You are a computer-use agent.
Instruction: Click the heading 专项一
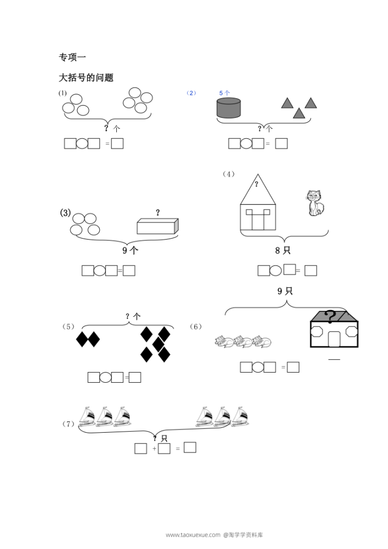[x=72, y=57]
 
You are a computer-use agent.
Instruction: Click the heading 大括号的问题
[x=86, y=77]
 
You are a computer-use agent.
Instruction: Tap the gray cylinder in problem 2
[x=228, y=108]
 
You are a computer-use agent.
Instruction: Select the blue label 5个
[x=225, y=93]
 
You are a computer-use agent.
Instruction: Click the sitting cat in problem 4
[x=315, y=203]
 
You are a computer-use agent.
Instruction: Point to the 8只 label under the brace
[x=282, y=250]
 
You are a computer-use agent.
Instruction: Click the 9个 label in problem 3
[x=130, y=250]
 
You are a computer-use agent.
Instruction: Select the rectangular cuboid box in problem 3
[x=158, y=226]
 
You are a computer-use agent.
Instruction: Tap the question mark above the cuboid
[x=158, y=212]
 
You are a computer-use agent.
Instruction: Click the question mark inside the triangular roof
[x=257, y=184]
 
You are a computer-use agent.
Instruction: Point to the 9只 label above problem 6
[x=285, y=291]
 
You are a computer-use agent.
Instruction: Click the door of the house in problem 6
[x=334, y=339]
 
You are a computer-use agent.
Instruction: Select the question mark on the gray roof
[x=330, y=316]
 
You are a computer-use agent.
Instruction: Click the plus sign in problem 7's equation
[x=154, y=449]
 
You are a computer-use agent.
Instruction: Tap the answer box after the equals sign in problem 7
[x=190, y=447]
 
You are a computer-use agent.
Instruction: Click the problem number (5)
[x=68, y=327]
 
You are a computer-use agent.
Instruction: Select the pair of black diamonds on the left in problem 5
[x=88, y=339]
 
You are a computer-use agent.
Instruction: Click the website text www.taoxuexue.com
[x=193, y=535]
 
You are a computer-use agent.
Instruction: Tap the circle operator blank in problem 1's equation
[x=82, y=144]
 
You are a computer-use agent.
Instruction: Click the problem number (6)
[x=196, y=327]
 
